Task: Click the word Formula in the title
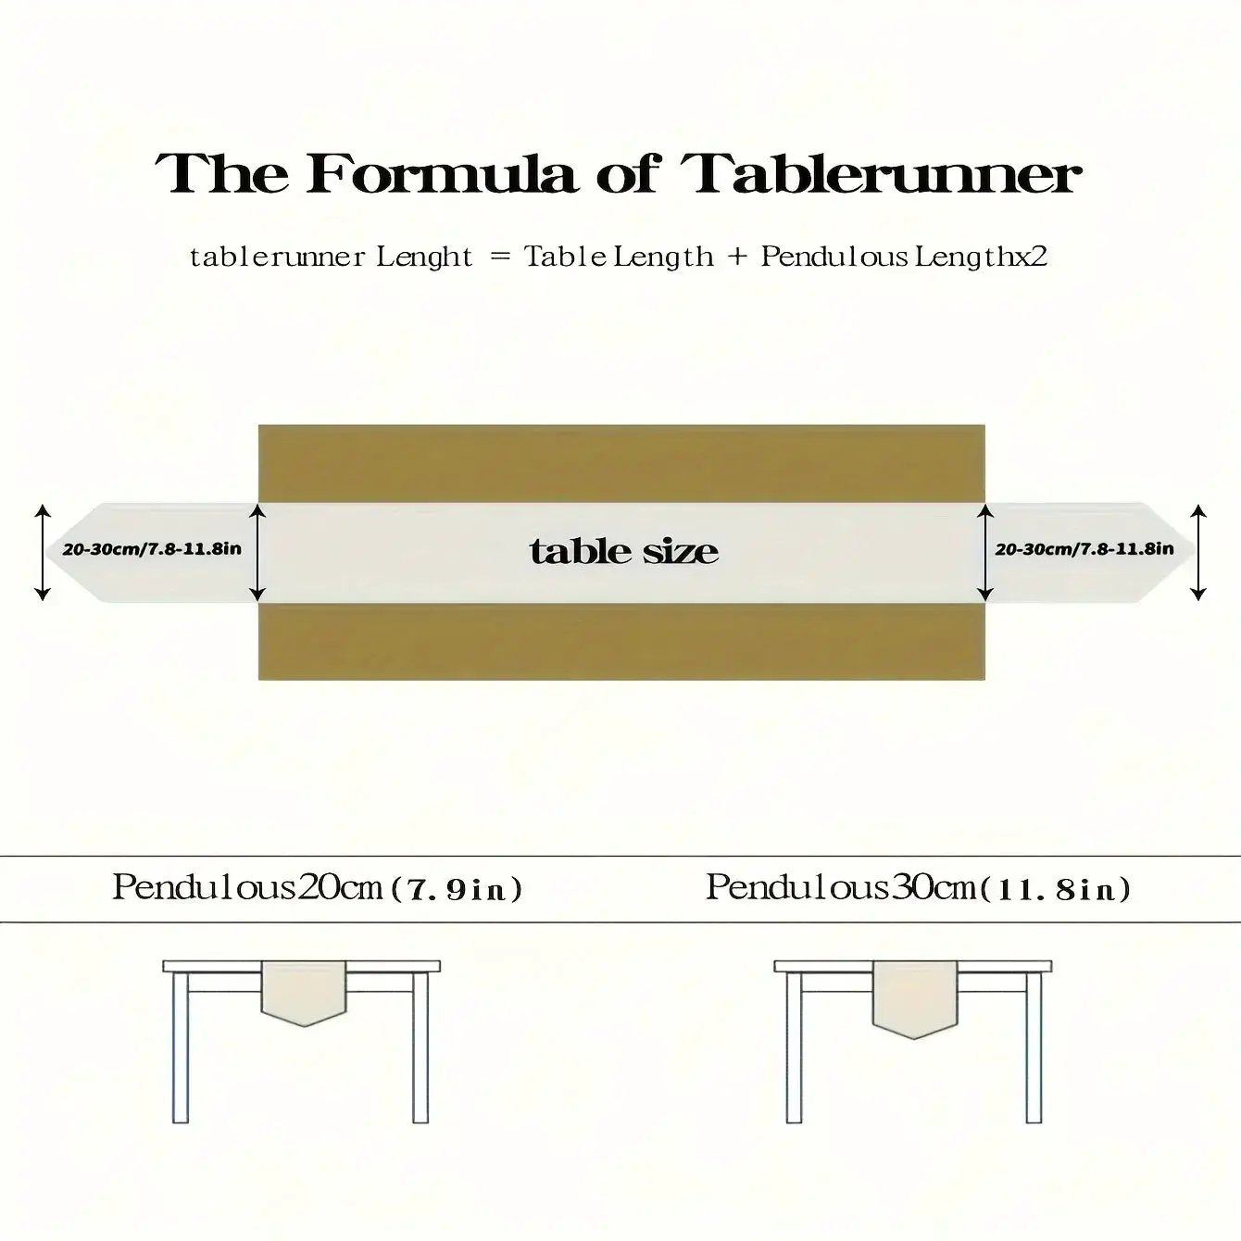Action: pos(439,174)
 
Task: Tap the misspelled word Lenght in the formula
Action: pos(424,257)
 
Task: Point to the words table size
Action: pos(623,551)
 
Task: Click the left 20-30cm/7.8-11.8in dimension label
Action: pos(152,549)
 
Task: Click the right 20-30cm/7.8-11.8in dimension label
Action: pos(1084,549)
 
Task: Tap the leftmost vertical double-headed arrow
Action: pos(43,553)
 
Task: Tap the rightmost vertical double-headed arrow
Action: pos(1197,553)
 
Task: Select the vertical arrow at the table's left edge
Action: pos(257,553)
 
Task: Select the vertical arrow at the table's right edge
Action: pos(984,553)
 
